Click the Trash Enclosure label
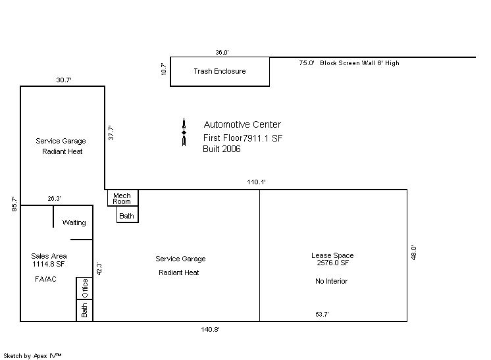click(x=220, y=71)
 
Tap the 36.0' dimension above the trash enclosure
click(x=222, y=52)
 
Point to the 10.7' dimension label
click(x=163, y=69)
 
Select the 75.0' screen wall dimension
click(x=307, y=63)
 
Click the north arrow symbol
click(x=184, y=132)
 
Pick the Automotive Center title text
click(x=242, y=124)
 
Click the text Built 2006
click(x=222, y=149)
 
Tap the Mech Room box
click(x=122, y=197)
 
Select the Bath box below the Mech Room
click(x=128, y=214)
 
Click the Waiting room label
click(x=74, y=222)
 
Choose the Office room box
click(x=84, y=288)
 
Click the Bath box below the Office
click(x=84, y=310)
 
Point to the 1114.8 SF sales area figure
click(x=48, y=264)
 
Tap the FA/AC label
click(x=45, y=279)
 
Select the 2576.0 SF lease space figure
click(x=332, y=263)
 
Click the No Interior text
click(x=331, y=281)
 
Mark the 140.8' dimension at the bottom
click(x=210, y=329)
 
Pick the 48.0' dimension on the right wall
click(x=413, y=253)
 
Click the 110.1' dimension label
click(x=256, y=182)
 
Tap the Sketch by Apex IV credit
click(x=32, y=356)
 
